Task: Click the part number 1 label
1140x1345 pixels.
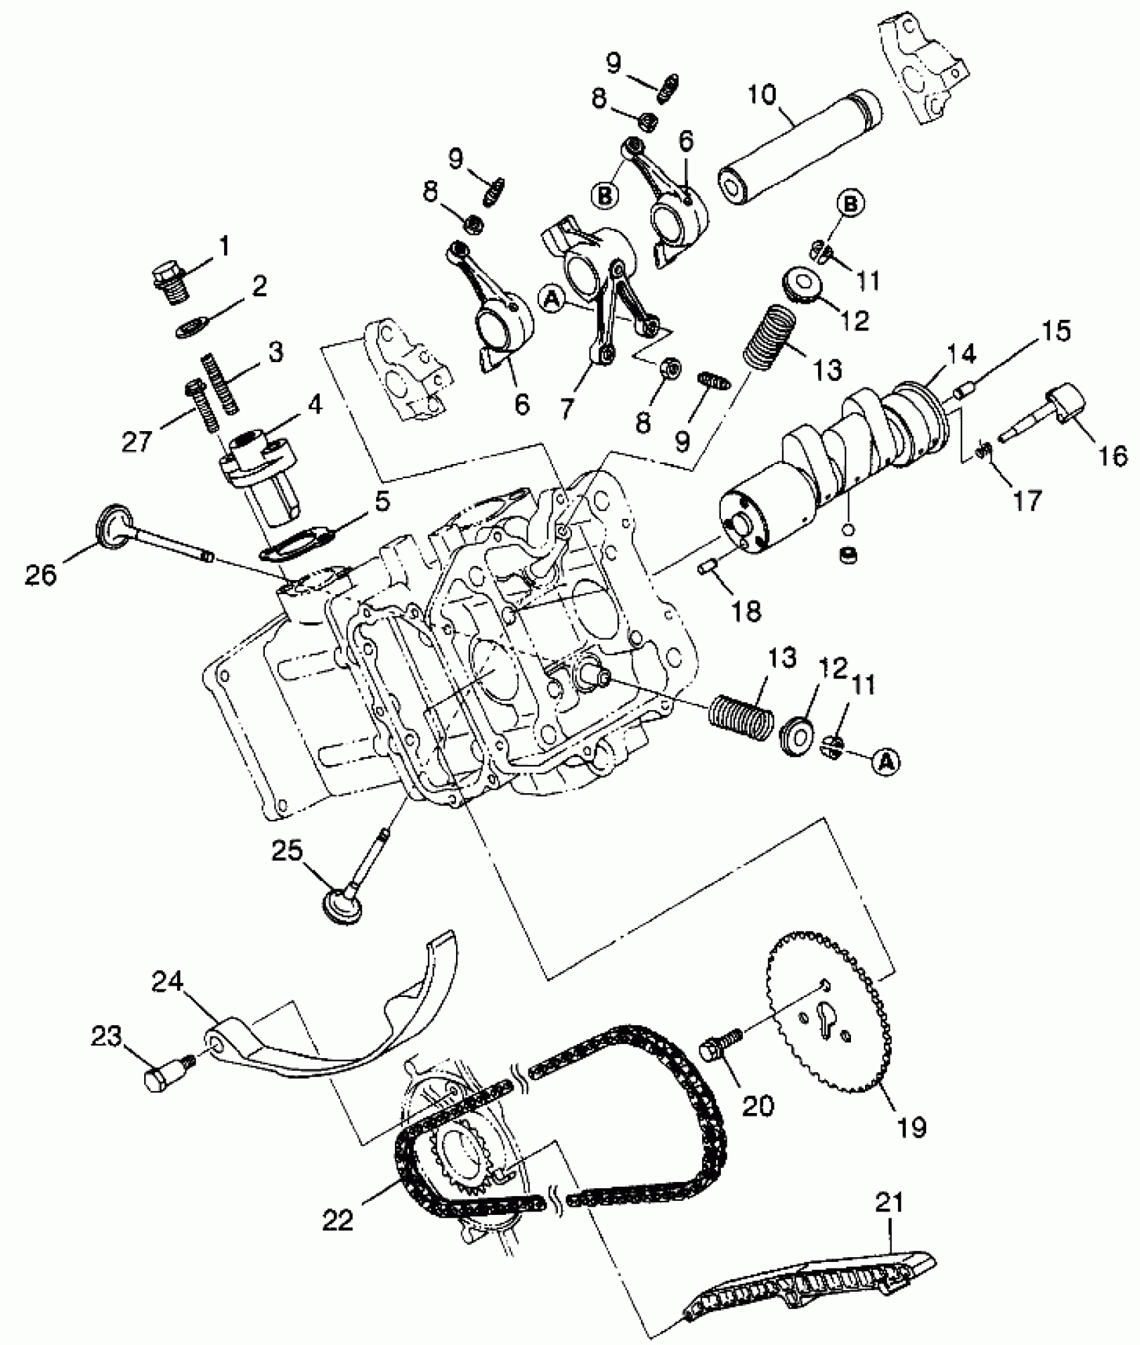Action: [223, 247]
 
